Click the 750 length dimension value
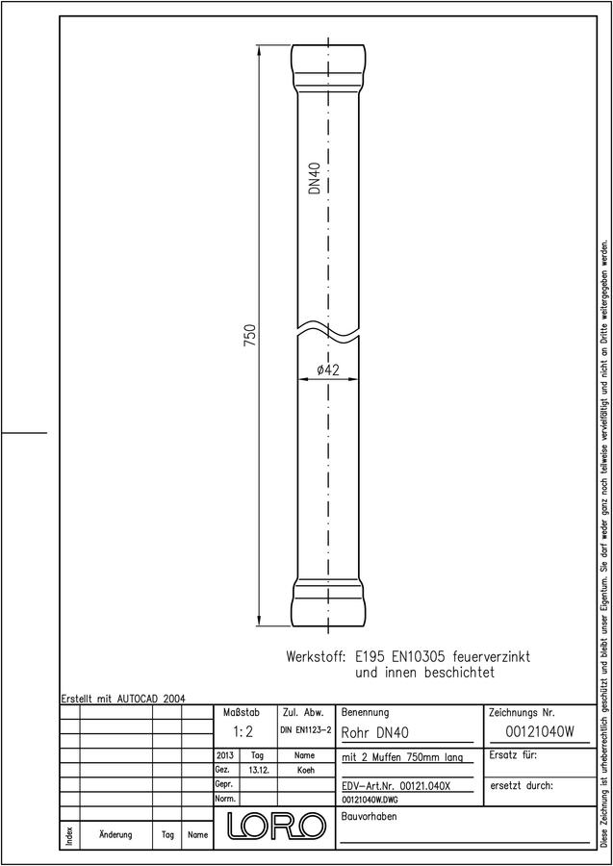click(x=250, y=335)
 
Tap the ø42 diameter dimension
click(x=328, y=370)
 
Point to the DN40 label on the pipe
click(x=315, y=178)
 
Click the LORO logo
click(x=275, y=826)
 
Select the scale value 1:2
click(x=243, y=732)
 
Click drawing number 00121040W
click(x=540, y=732)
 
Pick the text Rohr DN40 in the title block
click(x=375, y=733)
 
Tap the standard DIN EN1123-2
click(x=306, y=730)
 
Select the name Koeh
click(x=305, y=771)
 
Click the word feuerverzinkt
click(x=491, y=657)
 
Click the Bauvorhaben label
click(x=369, y=816)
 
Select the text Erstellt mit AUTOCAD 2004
click(x=123, y=699)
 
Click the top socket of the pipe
click(x=328, y=68)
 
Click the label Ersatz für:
click(x=513, y=755)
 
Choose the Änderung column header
click(x=115, y=834)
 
